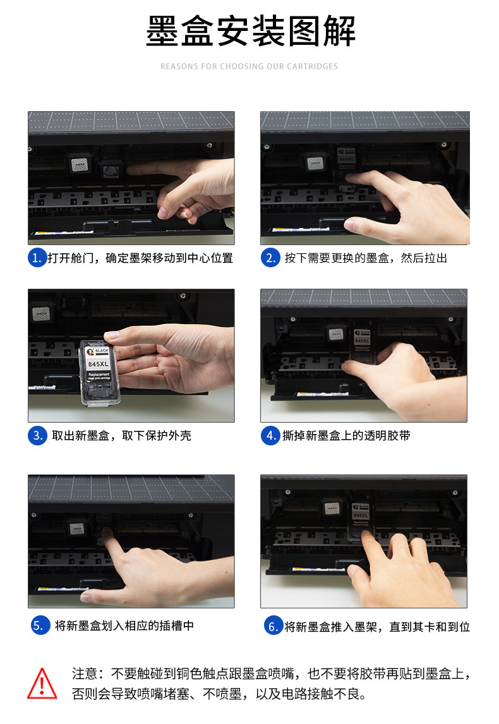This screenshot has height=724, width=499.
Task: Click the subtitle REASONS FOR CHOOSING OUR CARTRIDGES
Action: point(249,66)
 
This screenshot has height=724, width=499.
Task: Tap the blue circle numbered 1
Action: point(37,258)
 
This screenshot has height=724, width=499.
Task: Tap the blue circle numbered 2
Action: point(270,258)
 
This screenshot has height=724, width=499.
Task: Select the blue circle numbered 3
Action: point(37,435)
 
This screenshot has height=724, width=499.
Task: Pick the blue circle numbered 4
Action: point(270,435)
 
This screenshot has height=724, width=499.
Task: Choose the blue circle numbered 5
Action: point(40,625)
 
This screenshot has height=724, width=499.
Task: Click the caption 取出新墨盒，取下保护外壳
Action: point(121,435)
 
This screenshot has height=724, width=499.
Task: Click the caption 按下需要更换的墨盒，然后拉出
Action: point(365,258)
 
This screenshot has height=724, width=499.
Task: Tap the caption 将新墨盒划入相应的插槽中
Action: point(124,625)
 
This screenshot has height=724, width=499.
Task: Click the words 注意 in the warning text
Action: point(85,673)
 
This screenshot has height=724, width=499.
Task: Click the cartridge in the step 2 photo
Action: point(347,162)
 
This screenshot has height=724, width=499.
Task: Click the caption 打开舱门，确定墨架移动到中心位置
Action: point(140,258)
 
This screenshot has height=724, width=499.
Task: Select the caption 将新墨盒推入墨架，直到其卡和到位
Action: point(377,627)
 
